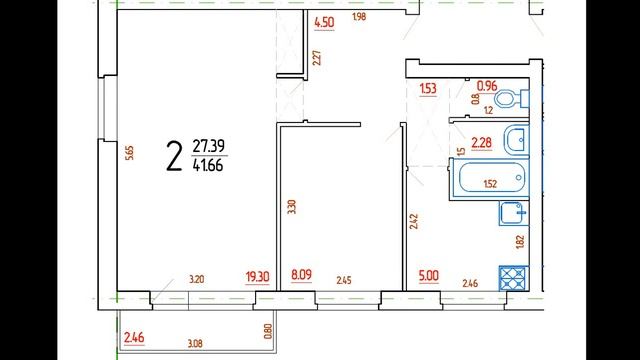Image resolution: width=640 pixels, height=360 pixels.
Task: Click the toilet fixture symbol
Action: (511, 98)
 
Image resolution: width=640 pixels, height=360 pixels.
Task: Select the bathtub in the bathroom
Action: (490, 179)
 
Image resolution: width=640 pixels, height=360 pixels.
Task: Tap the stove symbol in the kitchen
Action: (514, 278)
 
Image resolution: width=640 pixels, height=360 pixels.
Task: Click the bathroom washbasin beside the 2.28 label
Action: (517, 140)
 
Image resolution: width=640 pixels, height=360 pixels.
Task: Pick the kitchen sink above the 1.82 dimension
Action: (513, 213)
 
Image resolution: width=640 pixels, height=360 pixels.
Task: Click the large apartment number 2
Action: (174, 156)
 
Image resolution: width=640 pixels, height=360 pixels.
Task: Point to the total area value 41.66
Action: (208, 165)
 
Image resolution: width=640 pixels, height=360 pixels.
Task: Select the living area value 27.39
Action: (208, 146)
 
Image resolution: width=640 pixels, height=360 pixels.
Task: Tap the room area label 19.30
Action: (258, 277)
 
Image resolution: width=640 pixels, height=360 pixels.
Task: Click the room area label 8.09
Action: (302, 275)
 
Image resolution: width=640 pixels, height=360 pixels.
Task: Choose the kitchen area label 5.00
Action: (429, 276)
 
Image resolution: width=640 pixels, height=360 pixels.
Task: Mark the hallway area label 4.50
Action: (324, 22)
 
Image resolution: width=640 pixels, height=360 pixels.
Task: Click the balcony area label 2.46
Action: (134, 338)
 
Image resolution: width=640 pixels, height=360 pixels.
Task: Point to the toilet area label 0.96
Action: (487, 86)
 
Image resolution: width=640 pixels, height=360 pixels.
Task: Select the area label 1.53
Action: (428, 89)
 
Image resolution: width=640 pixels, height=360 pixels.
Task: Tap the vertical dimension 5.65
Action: (130, 153)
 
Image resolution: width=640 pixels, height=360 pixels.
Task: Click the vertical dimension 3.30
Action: (291, 207)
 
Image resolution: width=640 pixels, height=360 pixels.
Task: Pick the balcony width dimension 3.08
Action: (195, 344)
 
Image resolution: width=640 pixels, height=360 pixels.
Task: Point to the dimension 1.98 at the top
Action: (359, 17)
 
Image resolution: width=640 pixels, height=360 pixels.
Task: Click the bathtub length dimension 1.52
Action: (490, 184)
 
